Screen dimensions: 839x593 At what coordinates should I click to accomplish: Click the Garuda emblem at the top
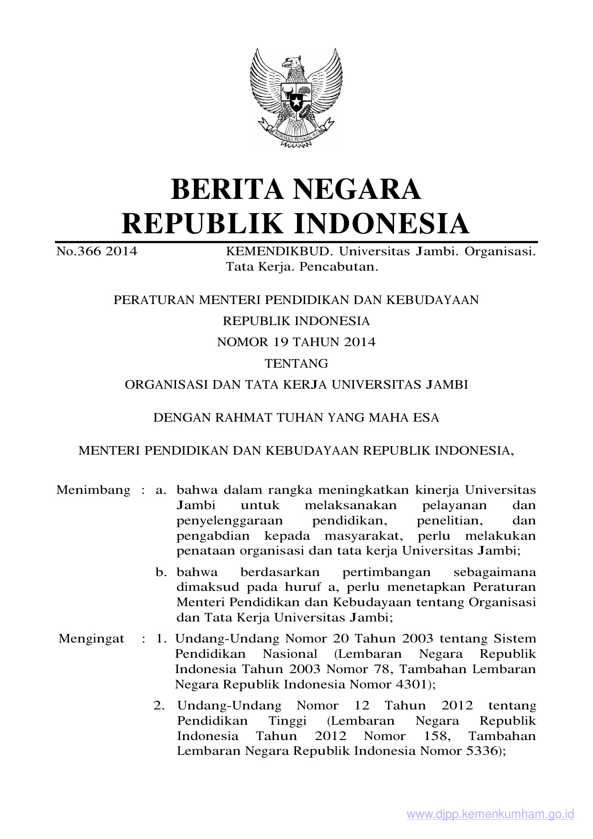pos(296,98)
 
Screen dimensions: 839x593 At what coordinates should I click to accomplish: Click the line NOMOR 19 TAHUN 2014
pos(296,342)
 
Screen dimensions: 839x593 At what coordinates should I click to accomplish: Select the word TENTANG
pos(296,364)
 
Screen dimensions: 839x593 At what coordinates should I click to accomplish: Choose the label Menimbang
pos(93,490)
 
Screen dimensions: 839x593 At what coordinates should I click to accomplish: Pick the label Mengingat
pos(91,639)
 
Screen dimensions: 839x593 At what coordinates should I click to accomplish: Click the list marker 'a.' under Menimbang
pos(161,490)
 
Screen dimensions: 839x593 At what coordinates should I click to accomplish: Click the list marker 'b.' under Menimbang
pos(161,572)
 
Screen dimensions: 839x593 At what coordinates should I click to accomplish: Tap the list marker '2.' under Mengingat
pos(159,706)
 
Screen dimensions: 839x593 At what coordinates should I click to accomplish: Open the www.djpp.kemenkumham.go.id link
pos(490,815)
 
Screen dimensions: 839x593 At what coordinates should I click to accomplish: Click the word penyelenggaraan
pos(230,521)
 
